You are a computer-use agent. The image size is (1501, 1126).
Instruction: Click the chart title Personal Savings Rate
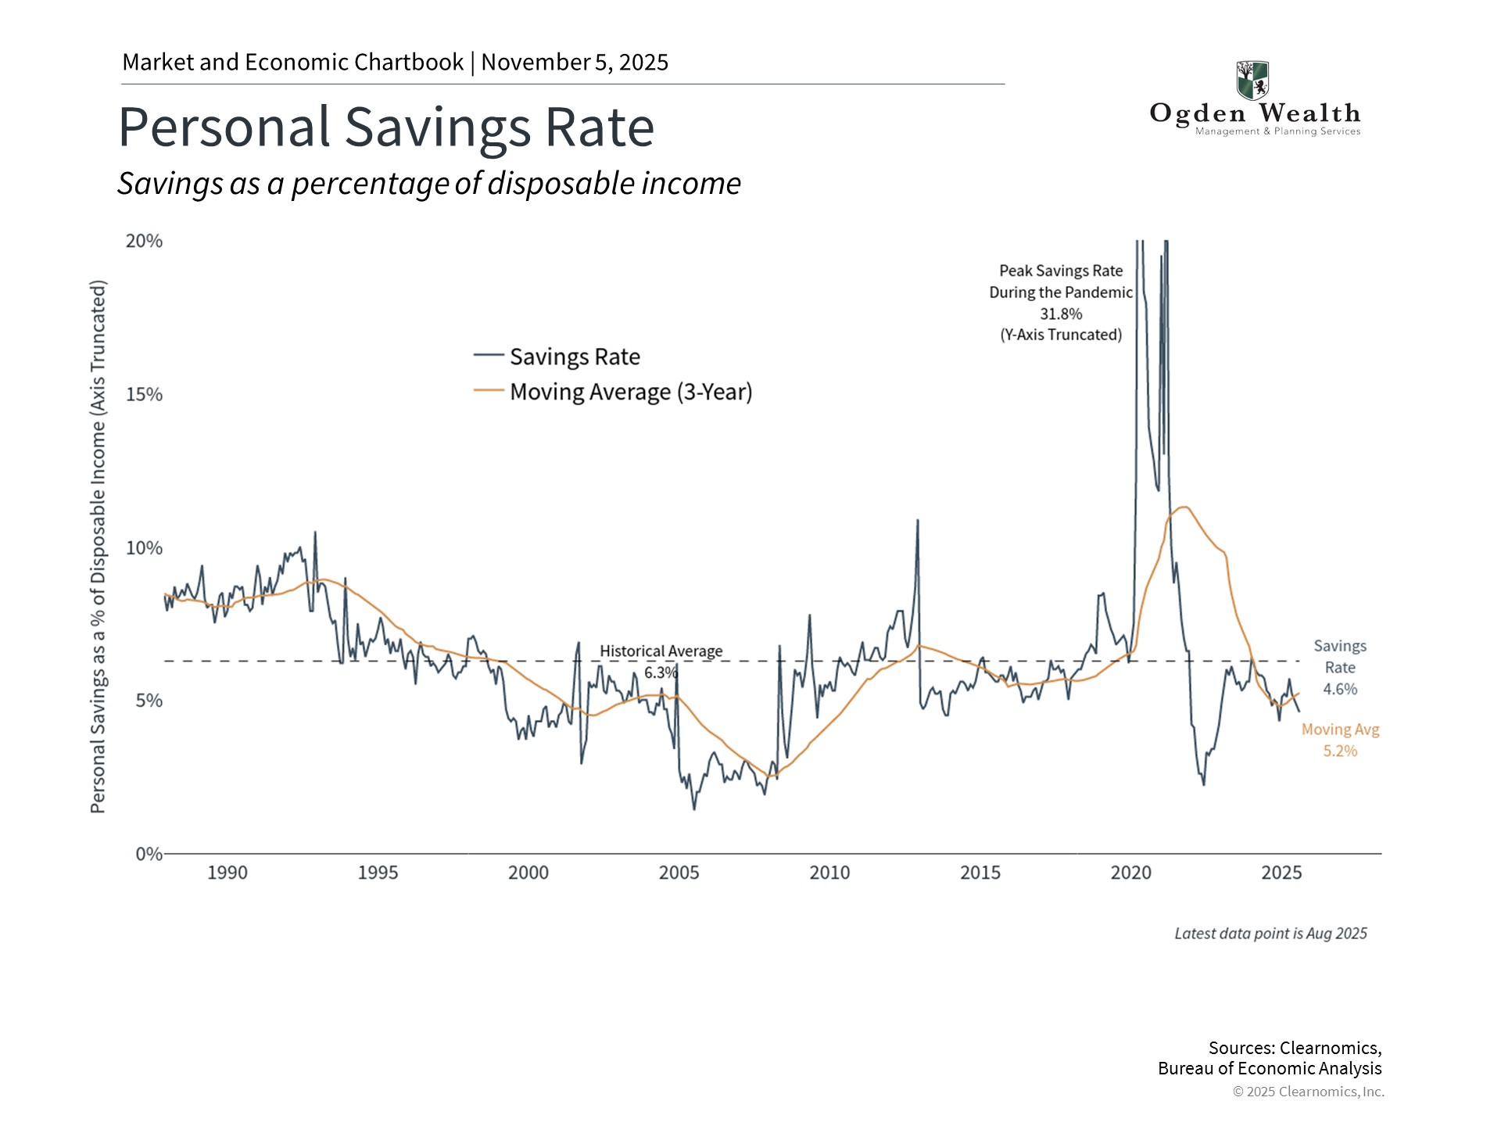point(386,127)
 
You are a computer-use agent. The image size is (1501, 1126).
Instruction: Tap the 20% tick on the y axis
point(144,241)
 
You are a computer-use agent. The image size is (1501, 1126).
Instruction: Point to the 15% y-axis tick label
point(144,394)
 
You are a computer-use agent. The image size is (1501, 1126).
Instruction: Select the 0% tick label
point(149,854)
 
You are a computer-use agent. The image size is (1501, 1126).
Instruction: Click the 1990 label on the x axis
point(227,873)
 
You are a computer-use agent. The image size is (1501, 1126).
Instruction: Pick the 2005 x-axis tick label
point(679,873)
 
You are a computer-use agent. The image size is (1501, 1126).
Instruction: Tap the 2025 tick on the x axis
point(1281,873)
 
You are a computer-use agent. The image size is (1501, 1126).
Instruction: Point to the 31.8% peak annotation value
point(1061,314)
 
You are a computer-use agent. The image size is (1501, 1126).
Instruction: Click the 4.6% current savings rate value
point(1340,690)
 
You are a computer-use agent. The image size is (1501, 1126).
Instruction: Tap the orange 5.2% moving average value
point(1340,751)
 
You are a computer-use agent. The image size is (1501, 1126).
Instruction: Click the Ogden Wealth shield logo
point(1252,80)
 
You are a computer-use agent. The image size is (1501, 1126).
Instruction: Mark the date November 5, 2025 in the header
point(575,63)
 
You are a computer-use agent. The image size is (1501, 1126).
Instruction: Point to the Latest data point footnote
point(1270,934)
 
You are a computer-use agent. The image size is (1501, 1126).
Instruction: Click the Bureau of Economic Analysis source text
point(1270,1069)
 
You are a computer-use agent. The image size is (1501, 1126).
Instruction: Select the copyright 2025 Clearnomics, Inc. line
point(1308,1092)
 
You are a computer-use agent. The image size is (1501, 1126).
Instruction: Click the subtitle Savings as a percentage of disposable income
point(429,184)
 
